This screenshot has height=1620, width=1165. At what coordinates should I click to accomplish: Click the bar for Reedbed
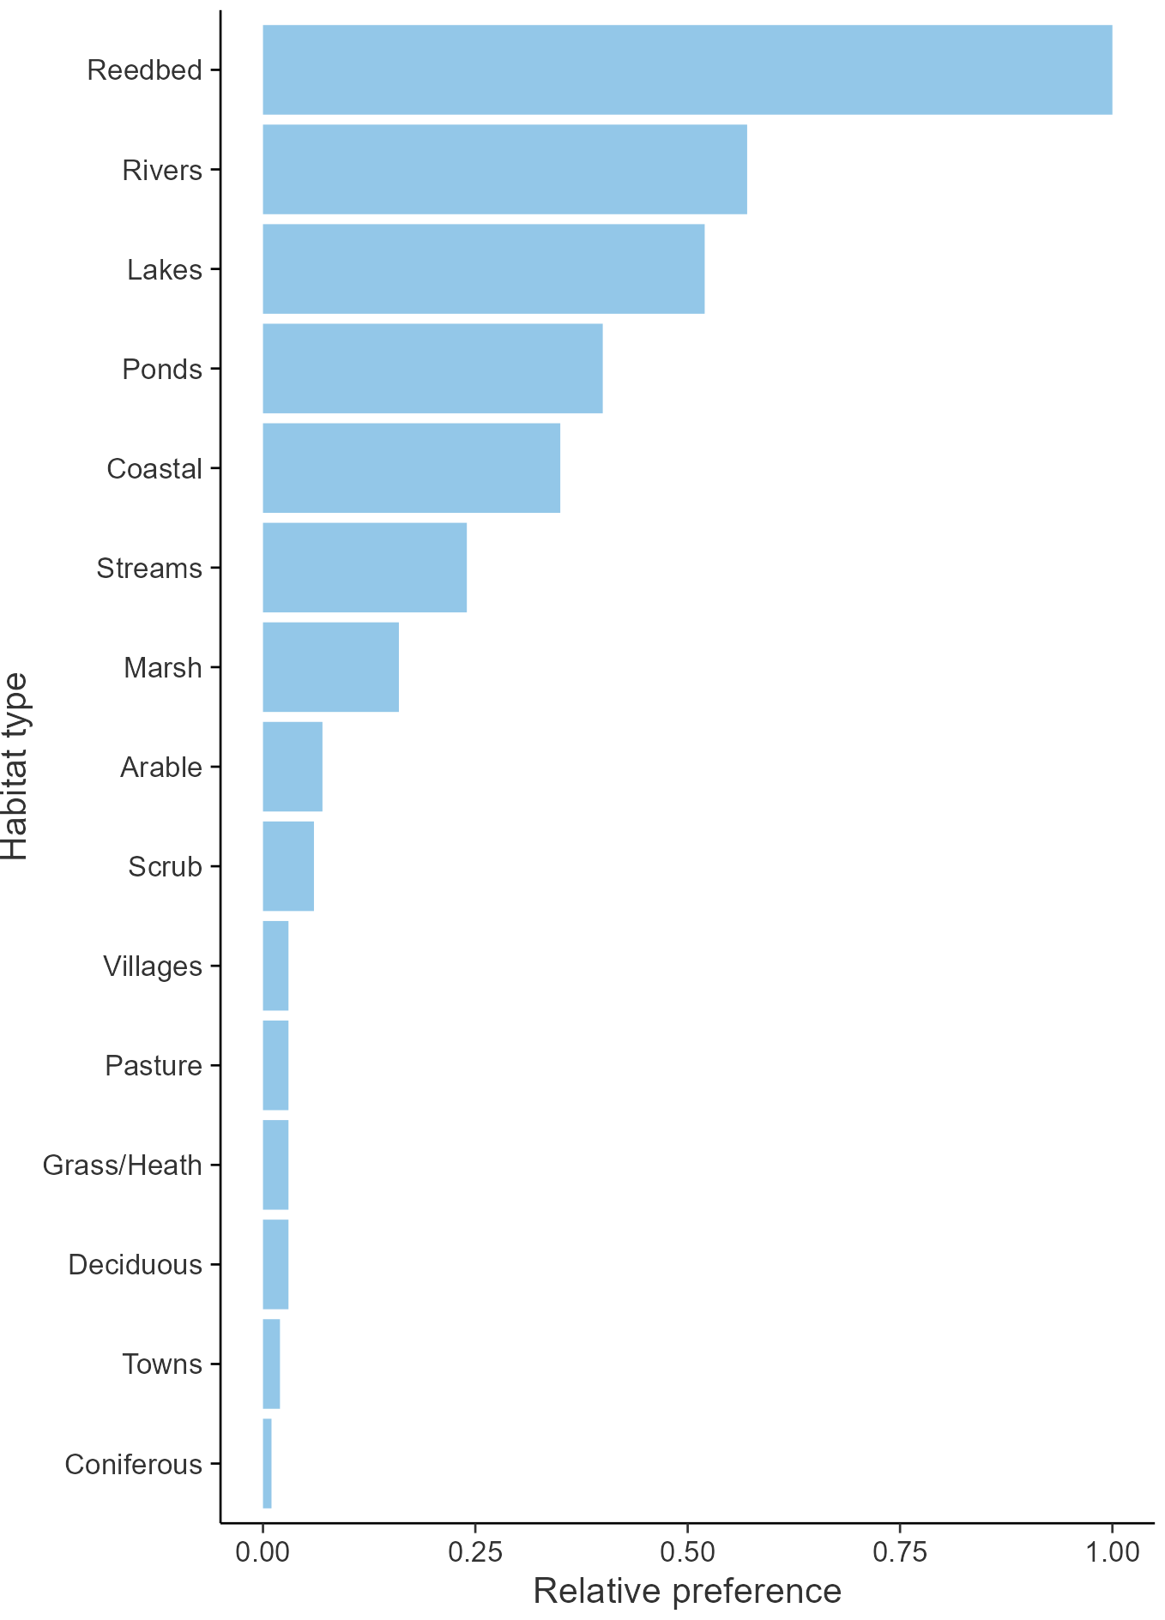pyautogui.click(x=686, y=69)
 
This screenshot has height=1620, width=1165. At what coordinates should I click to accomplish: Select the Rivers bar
pyautogui.click(x=504, y=169)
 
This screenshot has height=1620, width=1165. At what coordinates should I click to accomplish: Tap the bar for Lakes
pyautogui.click(x=483, y=268)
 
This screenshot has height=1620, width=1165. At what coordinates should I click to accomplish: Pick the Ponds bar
pyautogui.click(x=432, y=368)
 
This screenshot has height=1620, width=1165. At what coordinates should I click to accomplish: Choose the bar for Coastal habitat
pyautogui.click(x=411, y=468)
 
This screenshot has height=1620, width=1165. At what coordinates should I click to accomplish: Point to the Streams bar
pyautogui.click(x=365, y=568)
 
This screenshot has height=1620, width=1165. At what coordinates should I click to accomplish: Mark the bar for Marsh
pyautogui.click(x=330, y=667)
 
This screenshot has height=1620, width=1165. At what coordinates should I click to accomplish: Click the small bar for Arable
pyautogui.click(x=293, y=767)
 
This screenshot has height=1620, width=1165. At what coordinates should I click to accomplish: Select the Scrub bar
pyautogui.click(x=288, y=866)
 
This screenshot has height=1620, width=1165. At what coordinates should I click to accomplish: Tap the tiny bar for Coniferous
pyautogui.click(x=267, y=1463)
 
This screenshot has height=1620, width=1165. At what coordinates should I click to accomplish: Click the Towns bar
pyautogui.click(x=271, y=1364)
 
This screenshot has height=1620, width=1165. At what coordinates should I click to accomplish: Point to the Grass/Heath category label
pyautogui.click(x=123, y=1165)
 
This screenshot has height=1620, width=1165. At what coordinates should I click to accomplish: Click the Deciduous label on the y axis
pyautogui.click(x=136, y=1265)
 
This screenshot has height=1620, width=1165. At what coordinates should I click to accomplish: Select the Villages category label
pyautogui.click(x=153, y=967)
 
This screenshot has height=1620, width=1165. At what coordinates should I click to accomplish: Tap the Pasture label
pyautogui.click(x=154, y=1066)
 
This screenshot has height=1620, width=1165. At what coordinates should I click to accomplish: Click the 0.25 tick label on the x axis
pyautogui.click(x=474, y=1551)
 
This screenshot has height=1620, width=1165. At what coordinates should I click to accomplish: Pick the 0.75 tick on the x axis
pyautogui.click(x=900, y=1551)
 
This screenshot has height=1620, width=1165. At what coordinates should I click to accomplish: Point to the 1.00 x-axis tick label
pyautogui.click(x=1112, y=1551)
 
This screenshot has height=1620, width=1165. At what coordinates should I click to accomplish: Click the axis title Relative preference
pyautogui.click(x=687, y=1592)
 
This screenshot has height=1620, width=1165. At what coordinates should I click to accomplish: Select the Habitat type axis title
pyautogui.click(x=15, y=767)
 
